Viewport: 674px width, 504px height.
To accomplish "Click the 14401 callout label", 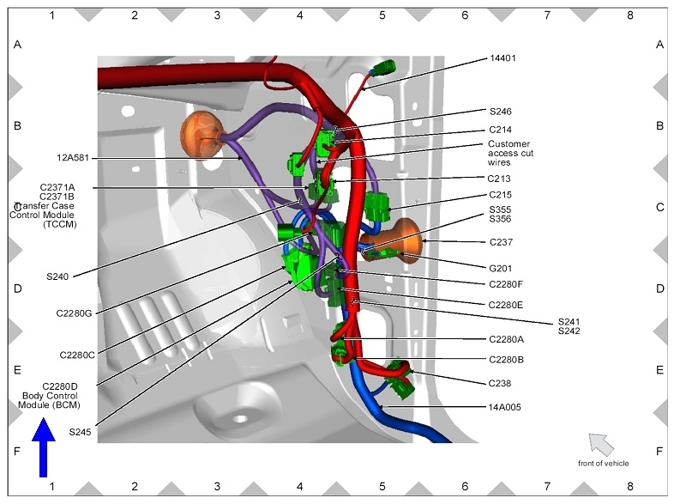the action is pyautogui.click(x=502, y=58).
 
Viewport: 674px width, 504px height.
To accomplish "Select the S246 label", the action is pyautogui.click(x=500, y=112).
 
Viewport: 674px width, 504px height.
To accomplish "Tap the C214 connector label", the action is pyautogui.click(x=500, y=130).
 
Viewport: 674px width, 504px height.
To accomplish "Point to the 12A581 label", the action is pyautogui.click(x=73, y=158).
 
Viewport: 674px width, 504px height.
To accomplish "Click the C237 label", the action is pyautogui.click(x=501, y=242).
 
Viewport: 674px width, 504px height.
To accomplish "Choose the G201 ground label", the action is pyautogui.click(x=500, y=269).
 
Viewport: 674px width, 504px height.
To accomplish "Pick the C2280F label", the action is pyautogui.click(x=506, y=284).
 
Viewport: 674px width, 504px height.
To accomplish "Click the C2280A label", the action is pyautogui.click(x=507, y=340).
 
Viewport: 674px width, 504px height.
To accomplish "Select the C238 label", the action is pyautogui.click(x=499, y=384).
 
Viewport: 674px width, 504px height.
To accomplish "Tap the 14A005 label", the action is pyautogui.click(x=504, y=407).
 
